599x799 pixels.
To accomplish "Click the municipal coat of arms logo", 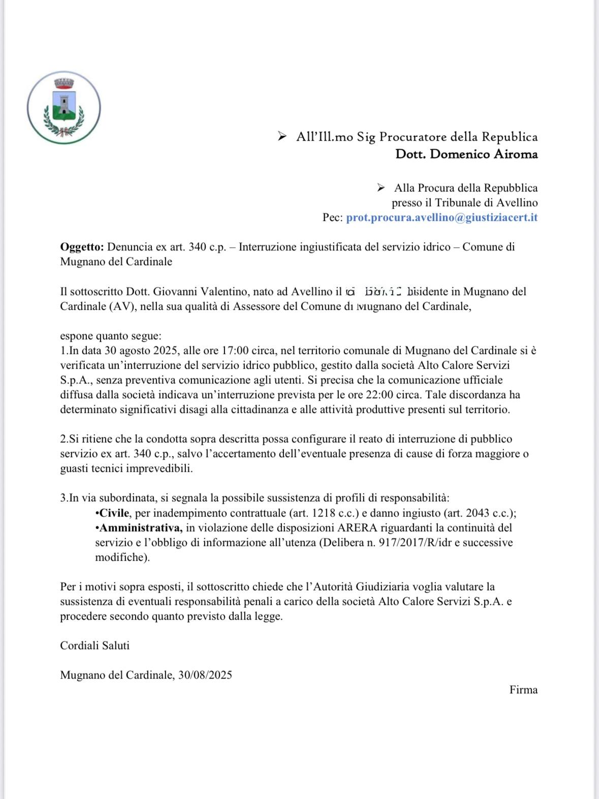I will [x=64, y=107].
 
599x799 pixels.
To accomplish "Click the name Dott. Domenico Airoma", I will [x=466, y=154].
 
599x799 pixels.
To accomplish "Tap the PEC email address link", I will [x=442, y=217].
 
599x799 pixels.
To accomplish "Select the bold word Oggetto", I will [x=82, y=247].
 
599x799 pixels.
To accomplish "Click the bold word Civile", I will [x=115, y=513].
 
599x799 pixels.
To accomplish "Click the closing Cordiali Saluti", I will [x=95, y=646].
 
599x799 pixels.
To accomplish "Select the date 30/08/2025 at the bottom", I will [x=205, y=675].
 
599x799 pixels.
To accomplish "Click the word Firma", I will [x=523, y=690].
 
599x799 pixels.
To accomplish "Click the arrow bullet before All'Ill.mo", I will [x=282, y=136].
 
